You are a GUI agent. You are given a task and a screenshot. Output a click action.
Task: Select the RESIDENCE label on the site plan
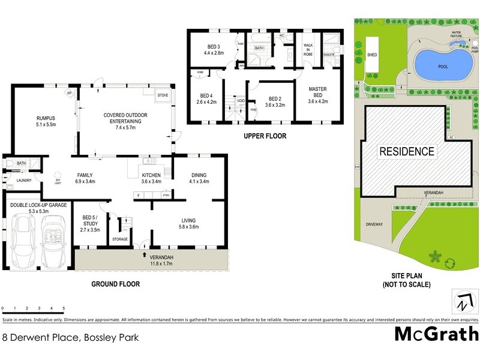[x=406, y=151]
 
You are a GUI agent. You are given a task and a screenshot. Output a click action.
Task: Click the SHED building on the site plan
[x=373, y=57]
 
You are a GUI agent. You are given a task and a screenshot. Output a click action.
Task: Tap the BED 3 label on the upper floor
[x=214, y=50]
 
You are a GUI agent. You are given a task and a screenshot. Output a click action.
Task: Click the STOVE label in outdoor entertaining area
[x=163, y=95]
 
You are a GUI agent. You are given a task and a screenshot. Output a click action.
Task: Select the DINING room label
[x=199, y=178]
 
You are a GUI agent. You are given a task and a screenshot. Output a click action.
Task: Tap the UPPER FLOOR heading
[x=265, y=136]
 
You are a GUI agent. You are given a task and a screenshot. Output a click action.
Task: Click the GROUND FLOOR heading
[x=116, y=283]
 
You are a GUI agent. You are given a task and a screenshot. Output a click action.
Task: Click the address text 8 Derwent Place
[x=71, y=338]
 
